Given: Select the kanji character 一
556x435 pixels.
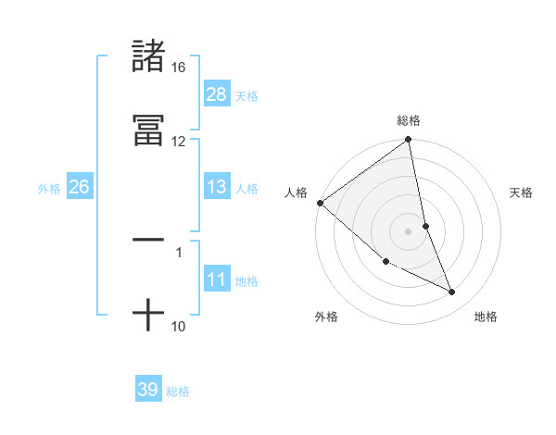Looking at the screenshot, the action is tap(148, 240).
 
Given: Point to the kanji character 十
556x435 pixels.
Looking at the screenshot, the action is tap(148, 315).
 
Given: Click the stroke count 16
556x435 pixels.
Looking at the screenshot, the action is tap(178, 68).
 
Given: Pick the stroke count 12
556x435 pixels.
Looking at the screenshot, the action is tap(178, 142).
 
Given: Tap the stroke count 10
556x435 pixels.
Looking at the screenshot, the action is tap(178, 326).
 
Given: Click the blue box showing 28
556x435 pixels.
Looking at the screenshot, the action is tap(216, 94).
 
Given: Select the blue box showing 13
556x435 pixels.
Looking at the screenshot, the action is tap(216, 188).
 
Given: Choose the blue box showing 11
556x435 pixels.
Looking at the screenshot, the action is tap(216, 280).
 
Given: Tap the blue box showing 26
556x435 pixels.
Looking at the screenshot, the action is tap(79, 188).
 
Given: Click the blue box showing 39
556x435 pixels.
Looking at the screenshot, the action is tap(147, 390).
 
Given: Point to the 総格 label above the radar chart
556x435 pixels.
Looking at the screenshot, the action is tap(409, 120).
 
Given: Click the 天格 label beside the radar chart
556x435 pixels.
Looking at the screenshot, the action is tap(522, 193).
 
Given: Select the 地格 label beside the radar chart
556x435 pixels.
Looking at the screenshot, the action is tap(486, 317).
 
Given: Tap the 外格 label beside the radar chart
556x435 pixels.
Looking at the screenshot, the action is tap(326, 317).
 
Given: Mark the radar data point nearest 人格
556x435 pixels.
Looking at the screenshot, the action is tap(320, 203).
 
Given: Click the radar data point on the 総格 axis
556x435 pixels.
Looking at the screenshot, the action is tap(409, 141).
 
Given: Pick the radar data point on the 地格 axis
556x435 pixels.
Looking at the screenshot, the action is tap(452, 292).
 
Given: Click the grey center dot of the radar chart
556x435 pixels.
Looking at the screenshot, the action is tap(409, 230).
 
